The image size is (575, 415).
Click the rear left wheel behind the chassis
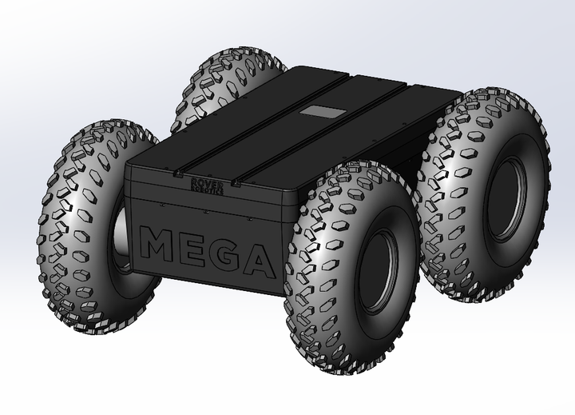(x=228, y=76)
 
